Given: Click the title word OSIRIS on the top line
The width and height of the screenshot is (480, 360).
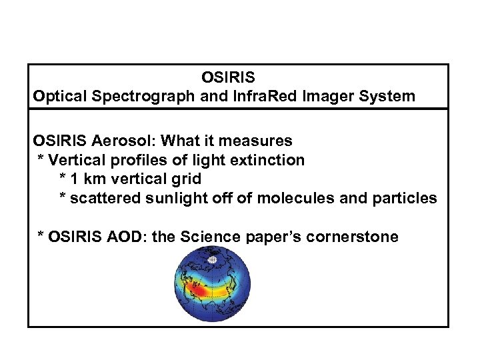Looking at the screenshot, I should click(x=228, y=78).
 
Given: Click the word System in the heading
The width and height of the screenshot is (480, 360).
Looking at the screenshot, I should click(x=386, y=96).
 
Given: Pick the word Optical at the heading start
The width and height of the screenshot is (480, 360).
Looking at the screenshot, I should click(x=61, y=96).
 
